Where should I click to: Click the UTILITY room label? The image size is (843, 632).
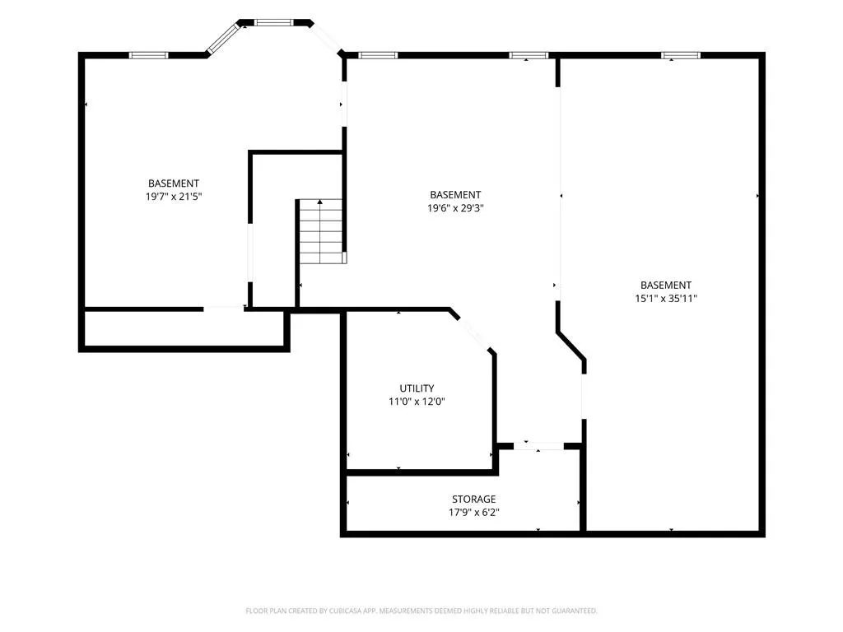[417, 388]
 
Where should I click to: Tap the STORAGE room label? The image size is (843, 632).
[473, 500]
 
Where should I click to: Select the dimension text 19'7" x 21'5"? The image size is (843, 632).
[174, 197]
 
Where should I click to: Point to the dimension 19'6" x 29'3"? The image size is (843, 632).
[455, 208]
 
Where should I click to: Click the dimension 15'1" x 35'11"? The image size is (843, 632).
[666, 298]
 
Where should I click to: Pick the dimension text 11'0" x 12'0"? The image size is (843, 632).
[417, 402]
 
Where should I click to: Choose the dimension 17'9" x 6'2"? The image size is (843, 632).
[473, 513]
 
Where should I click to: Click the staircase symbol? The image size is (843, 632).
[321, 231]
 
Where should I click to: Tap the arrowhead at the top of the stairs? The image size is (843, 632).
[320, 202]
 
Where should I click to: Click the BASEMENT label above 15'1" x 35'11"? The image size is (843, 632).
[666, 286]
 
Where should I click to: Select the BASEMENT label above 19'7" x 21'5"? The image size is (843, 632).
[174, 184]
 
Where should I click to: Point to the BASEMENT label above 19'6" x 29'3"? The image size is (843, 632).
[455, 194]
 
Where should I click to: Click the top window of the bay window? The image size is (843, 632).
[274, 22]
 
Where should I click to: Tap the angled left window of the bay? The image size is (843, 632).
[222, 39]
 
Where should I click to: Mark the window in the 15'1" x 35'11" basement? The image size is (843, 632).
[681, 55]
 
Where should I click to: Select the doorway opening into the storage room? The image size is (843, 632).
[538, 446]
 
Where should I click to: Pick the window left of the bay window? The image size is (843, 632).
[148, 55]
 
